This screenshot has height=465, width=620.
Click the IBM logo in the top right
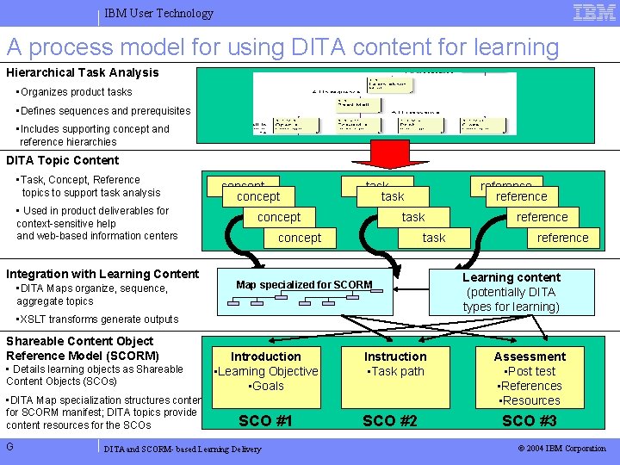[x=594, y=12]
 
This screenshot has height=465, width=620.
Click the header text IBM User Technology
[x=158, y=14]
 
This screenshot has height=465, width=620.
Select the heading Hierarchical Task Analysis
[x=83, y=72]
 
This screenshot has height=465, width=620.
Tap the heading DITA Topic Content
[x=63, y=160]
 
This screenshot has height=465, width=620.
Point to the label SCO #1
[x=265, y=420]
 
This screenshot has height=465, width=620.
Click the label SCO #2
[x=389, y=420]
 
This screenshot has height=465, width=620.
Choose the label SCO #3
[x=529, y=420]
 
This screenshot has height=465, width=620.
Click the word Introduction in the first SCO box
[x=266, y=356]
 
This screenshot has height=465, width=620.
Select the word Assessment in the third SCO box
[x=530, y=356]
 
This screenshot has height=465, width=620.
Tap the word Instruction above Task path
[x=395, y=356]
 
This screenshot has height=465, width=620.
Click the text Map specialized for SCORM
[x=304, y=285]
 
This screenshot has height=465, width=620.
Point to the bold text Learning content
[x=511, y=277]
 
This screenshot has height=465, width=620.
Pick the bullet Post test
[x=530, y=371]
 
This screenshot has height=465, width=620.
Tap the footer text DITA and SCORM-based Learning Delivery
[x=182, y=449]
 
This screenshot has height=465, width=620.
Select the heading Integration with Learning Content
[x=102, y=274]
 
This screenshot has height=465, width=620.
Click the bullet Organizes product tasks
[x=74, y=92]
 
